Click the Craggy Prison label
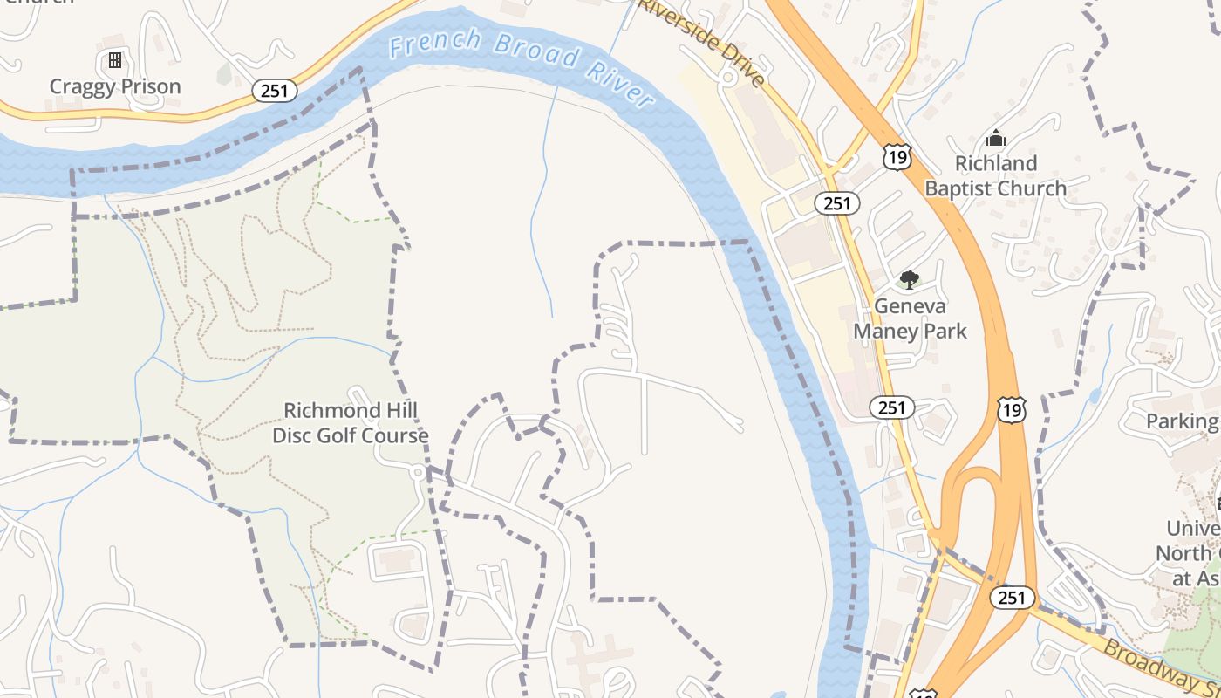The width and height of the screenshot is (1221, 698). [115, 86]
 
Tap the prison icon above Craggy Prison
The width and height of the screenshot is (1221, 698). [114, 60]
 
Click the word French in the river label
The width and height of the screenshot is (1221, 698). [435, 42]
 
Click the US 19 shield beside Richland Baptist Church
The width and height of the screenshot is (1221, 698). [897, 157]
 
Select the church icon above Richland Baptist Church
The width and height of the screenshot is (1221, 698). [995, 138]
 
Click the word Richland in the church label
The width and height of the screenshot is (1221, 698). [995, 163]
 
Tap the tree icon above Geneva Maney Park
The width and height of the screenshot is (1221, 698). [910, 280]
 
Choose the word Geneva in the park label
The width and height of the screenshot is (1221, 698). [910, 306]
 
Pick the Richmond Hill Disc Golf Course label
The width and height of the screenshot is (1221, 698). [351, 422]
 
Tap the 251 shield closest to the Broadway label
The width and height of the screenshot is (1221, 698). [1012, 598]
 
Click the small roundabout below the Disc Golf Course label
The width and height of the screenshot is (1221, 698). [419, 472]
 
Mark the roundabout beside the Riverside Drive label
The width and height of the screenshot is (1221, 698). [727, 78]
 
